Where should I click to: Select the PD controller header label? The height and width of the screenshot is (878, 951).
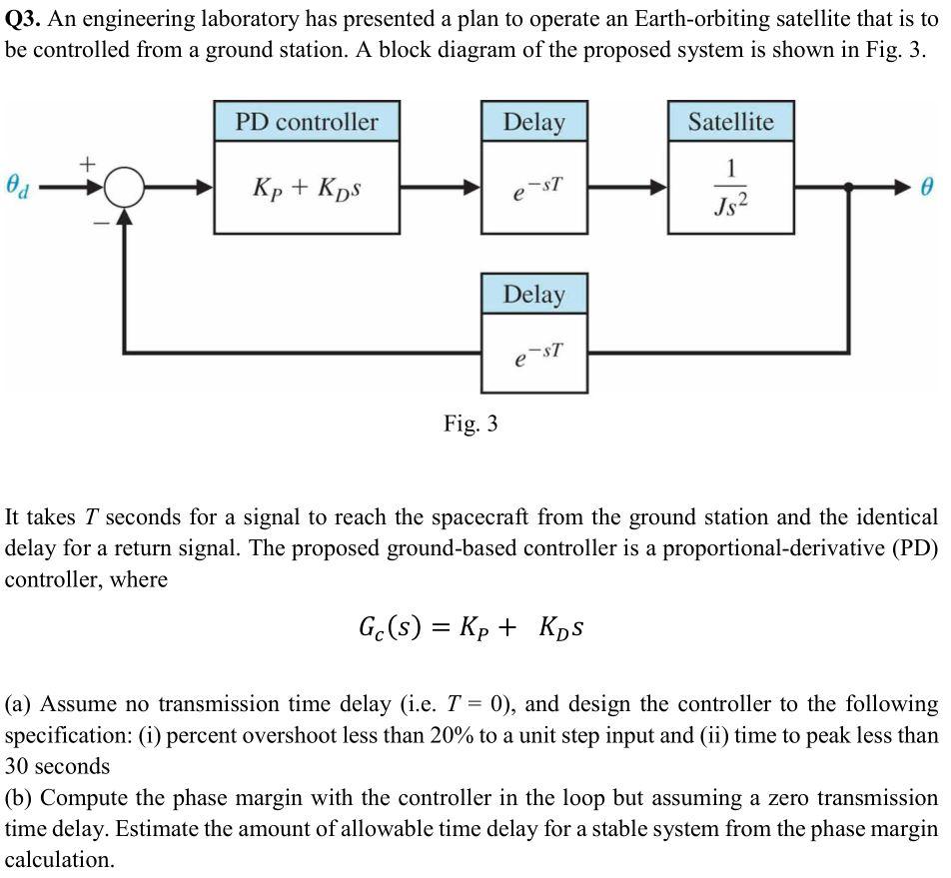(307, 122)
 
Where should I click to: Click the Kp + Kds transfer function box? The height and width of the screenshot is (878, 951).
(307, 188)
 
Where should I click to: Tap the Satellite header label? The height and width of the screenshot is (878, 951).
(730, 122)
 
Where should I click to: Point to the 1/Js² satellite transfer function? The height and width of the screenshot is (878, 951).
(731, 188)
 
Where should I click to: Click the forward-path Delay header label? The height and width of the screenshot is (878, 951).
(533, 122)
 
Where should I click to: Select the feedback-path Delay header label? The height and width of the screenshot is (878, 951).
(533, 295)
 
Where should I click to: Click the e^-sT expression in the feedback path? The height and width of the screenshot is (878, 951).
(533, 355)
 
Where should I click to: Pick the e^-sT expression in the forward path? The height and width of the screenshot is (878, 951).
(533, 188)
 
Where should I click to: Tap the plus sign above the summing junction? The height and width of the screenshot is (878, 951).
(88, 161)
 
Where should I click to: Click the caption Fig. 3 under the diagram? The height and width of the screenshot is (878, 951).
(471, 424)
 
